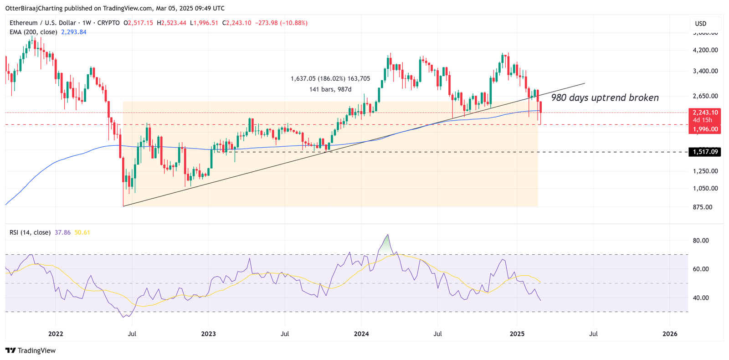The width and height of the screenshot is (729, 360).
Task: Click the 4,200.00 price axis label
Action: coord(705,50)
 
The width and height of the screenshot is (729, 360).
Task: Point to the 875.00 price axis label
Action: coord(702,207)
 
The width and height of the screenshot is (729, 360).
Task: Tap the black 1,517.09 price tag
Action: coord(705,152)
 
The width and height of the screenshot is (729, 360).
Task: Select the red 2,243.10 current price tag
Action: coord(705,113)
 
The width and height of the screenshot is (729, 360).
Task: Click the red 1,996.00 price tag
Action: coord(705,129)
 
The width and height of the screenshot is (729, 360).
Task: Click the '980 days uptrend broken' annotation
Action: coord(605,98)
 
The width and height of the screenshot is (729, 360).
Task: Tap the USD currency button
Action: coord(701,24)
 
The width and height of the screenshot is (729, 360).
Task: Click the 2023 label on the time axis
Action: coord(208,334)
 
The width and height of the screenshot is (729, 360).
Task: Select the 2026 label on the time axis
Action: coord(670,334)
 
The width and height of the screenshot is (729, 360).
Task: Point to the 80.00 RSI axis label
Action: coord(701,240)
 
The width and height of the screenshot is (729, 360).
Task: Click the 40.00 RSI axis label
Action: coord(701,298)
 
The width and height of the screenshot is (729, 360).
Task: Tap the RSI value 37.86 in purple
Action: coord(62,232)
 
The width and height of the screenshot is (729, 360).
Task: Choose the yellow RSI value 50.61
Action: coord(82,232)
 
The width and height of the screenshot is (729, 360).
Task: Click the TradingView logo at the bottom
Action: coord(31,350)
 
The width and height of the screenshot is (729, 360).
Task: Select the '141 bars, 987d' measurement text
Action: coord(330,89)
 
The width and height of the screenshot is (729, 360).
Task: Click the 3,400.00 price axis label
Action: coord(705,71)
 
